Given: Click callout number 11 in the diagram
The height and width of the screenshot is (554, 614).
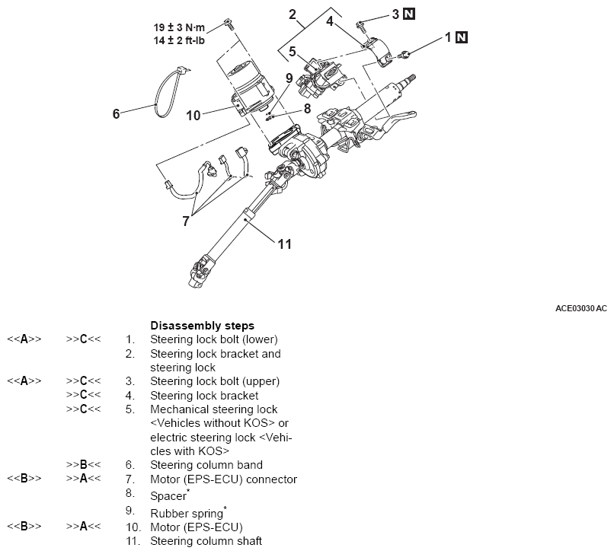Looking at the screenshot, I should pos(284,244).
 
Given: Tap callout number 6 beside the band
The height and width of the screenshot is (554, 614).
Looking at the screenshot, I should pos(117,113).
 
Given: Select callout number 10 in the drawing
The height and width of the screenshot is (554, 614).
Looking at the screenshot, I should pos(193,115).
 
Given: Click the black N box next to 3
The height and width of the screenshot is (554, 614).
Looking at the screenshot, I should pos(408,13).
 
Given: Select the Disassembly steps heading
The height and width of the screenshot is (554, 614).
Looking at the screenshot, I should pos(202,325).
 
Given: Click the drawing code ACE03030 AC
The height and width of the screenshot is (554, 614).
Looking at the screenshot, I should pos(580,308).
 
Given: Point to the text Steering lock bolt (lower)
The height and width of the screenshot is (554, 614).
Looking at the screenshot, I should pos(214,339).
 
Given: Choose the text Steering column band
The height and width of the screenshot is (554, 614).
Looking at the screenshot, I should pos(206,465).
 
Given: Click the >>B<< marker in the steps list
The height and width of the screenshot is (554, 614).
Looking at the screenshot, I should pos(85,465).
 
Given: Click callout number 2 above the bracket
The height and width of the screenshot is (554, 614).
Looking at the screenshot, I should pos(292,13).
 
